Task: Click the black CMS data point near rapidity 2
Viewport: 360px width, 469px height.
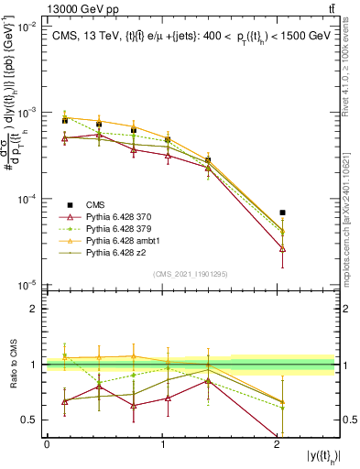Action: pyautogui.click(x=282, y=213)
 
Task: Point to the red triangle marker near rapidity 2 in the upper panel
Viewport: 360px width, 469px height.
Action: pyautogui.click(x=282, y=248)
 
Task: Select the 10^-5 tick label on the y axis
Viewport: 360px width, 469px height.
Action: pyautogui.click(x=30, y=286)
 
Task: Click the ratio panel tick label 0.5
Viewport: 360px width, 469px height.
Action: pyautogui.click(x=33, y=420)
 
